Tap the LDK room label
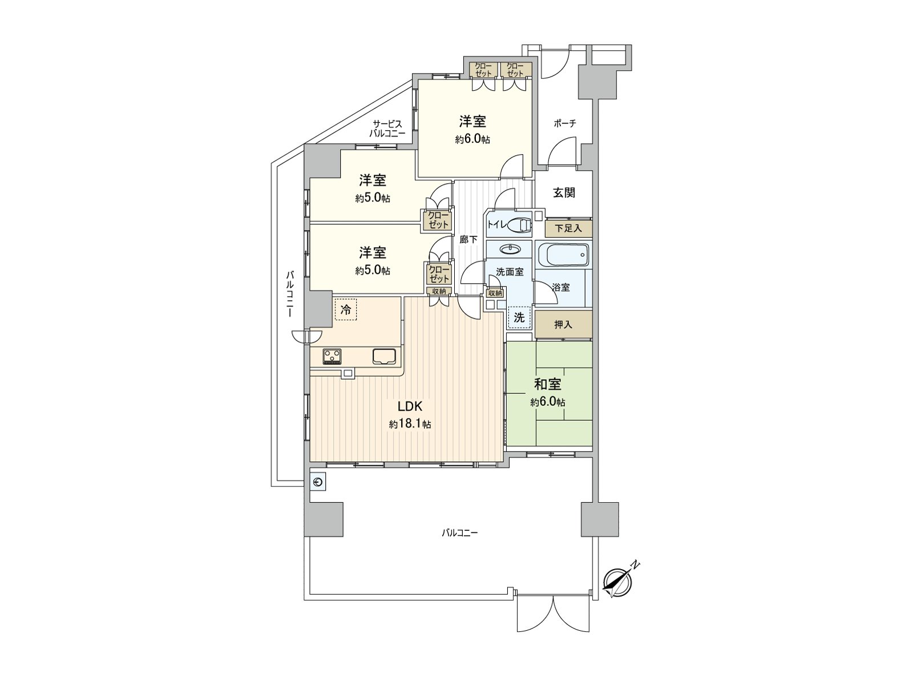pos(410,406)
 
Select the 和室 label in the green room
pos(547,384)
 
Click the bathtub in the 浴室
pos(564,254)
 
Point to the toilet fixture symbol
pos(520,225)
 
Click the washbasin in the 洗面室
pos(510,249)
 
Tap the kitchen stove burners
pos(332,356)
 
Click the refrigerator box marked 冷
pos(346,309)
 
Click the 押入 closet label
pos(563,325)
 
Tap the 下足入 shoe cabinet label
pos(568,228)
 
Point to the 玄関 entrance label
pos(564,192)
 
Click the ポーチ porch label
pos(565,123)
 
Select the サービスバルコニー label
pos(387,128)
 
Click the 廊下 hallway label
pos(468,240)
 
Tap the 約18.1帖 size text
pos(410,425)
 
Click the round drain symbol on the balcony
pos(318,482)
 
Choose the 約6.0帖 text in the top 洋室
pos(472,140)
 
